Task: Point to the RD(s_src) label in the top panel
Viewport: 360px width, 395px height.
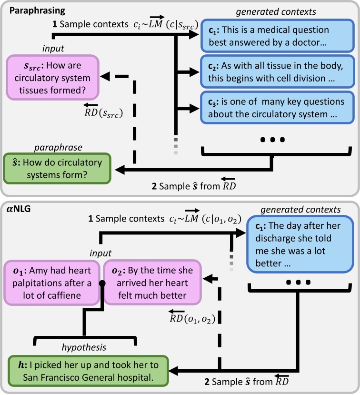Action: pyautogui.click(x=102, y=113)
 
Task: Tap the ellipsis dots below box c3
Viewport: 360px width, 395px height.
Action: pyautogui.click(x=272, y=140)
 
